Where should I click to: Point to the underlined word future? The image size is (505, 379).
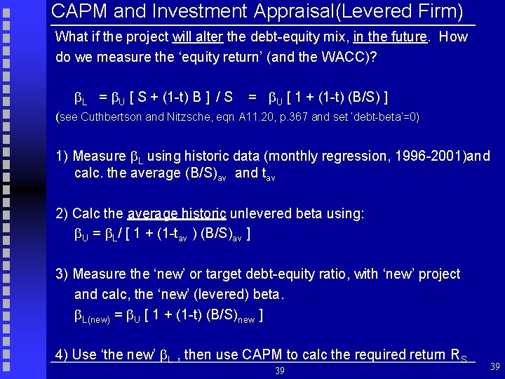pyautogui.click(x=406, y=37)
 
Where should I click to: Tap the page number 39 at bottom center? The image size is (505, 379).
pyautogui.click(x=279, y=370)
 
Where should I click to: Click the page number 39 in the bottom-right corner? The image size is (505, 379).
pyautogui.click(x=494, y=366)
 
